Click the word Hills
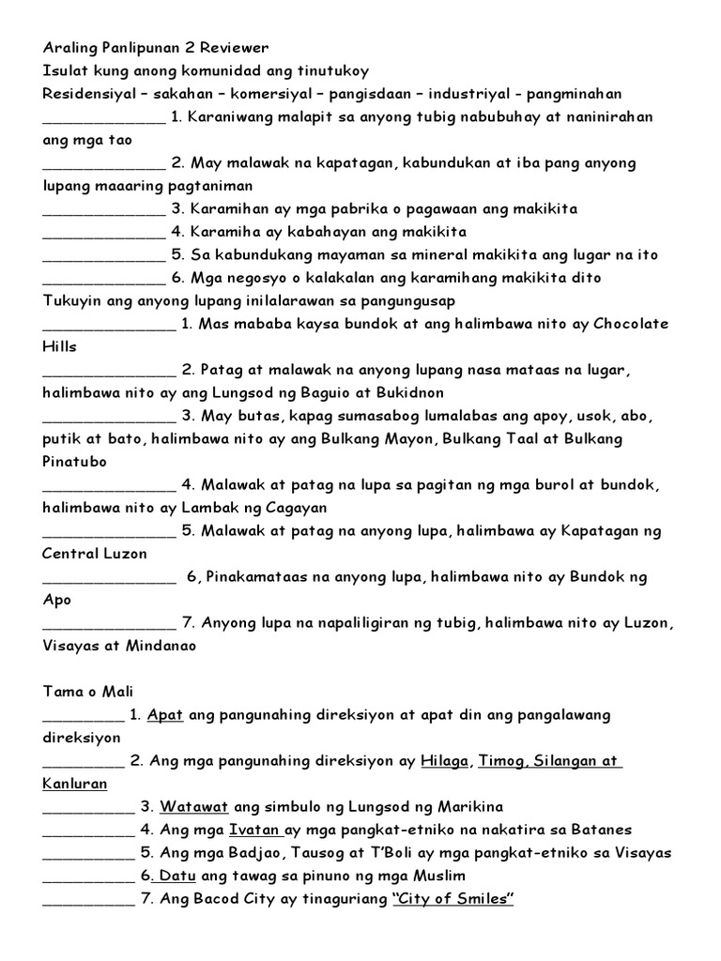(59, 346)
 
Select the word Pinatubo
(75, 462)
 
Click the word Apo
(56, 600)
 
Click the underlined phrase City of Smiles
(454, 899)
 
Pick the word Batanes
(599, 830)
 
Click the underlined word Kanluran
(75, 784)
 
